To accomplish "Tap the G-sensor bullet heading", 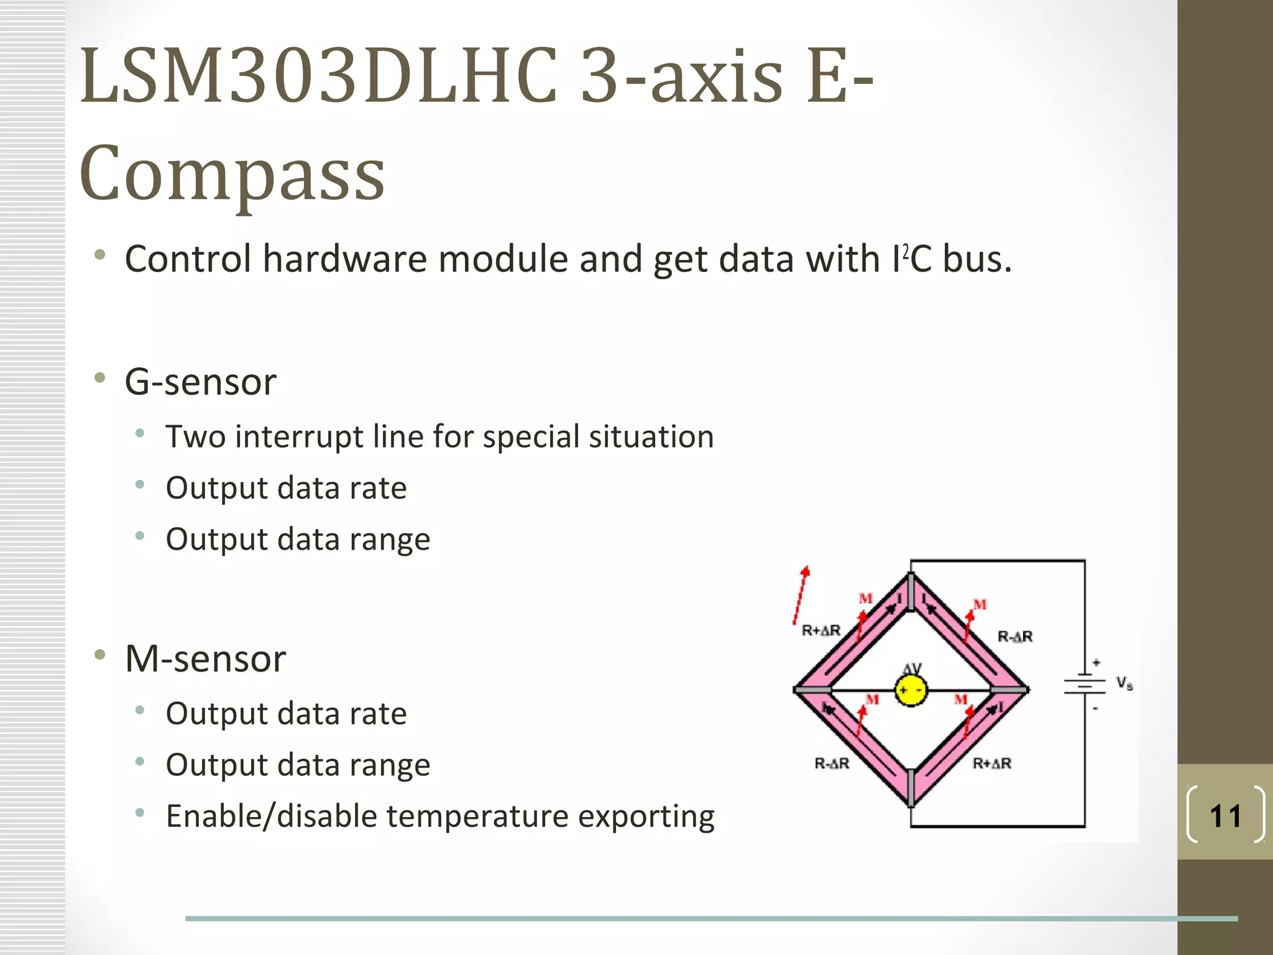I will tap(200, 381).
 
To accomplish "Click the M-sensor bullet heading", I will tap(205, 658).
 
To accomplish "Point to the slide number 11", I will tap(1225, 816).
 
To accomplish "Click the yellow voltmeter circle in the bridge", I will tap(911, 690).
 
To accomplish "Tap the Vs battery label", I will tap(1124, 683).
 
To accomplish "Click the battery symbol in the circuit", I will tap(1085, 685).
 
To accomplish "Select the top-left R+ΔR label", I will tap(820, 630).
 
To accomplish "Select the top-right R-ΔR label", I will tap(1014, 636).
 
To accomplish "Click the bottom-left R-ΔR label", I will tap(832, 763).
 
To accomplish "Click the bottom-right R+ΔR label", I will tap(992, 763).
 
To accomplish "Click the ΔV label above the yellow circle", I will tap(912, 668).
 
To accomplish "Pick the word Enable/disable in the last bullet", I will tap(271, 816).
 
